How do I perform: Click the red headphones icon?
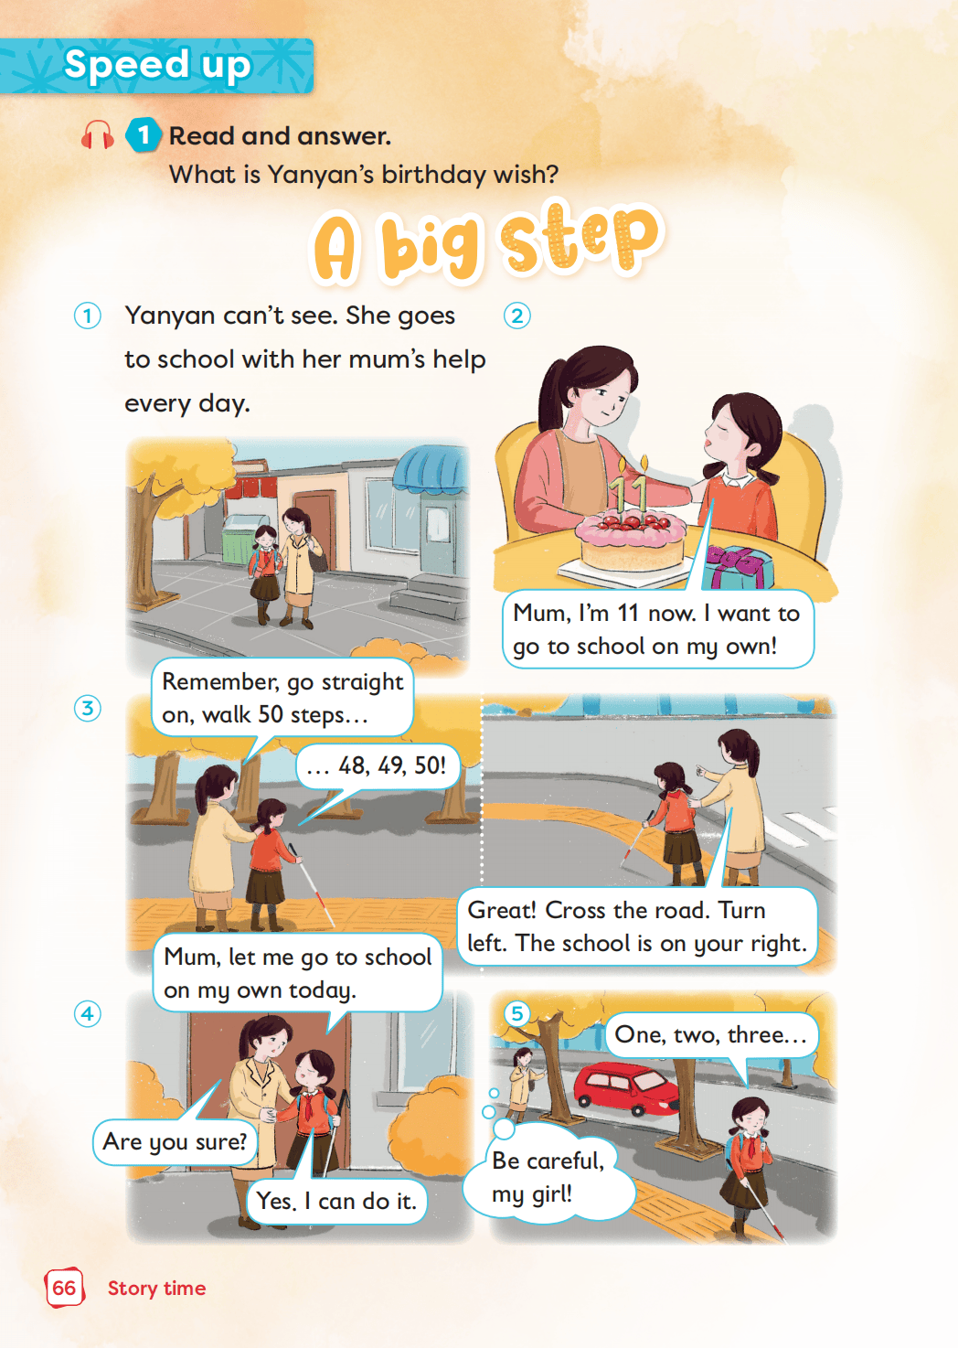[x=98, y=134]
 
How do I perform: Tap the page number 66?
[x=64, y=1288]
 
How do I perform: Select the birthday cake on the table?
[x=630, y=540]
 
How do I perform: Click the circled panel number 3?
[x=87, y=709]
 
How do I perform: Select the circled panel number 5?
[x=516, y=1013]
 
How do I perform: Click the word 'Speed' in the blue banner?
[x=126, y=64]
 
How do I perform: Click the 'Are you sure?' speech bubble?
[x=175, y=1141]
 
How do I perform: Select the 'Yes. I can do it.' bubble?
[x=336, y=1201]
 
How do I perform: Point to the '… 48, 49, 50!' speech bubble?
[x=377, y=766]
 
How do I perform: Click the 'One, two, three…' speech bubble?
[x=711, y=1034]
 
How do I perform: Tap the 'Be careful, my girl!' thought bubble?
[x=548, y=1177]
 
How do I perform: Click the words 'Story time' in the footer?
[x=157, y=1288]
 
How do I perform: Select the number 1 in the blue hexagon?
[x=144, y=135]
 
